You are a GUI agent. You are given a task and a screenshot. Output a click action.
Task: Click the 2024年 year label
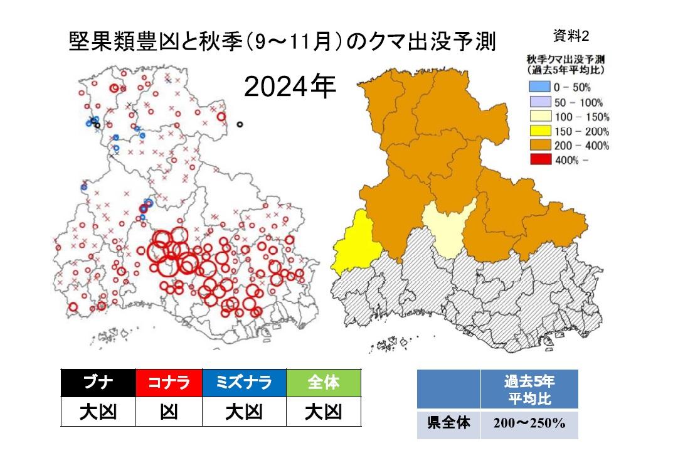point(290,88)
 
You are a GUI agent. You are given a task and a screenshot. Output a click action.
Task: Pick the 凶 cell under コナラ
point(169,412)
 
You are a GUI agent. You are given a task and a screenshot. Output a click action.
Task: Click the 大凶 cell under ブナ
point(98,412)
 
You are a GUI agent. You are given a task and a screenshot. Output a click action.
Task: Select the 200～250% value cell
point(529,425)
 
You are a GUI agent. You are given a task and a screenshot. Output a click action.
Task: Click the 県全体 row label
point(448,425)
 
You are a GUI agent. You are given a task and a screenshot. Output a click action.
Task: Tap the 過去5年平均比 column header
point(529,390)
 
